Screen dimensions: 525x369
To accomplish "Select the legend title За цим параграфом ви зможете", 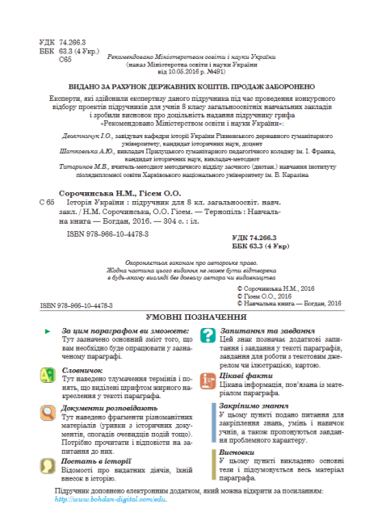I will (123, 309).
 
